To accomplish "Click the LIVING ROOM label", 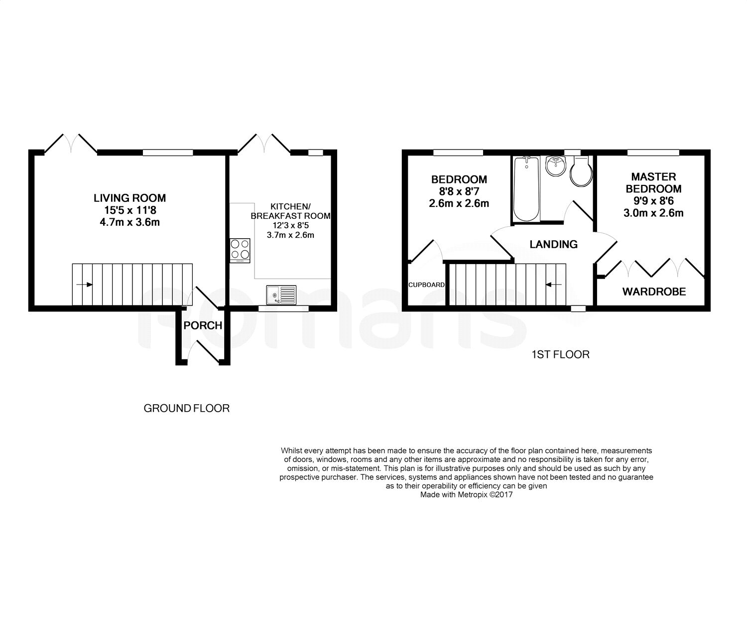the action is (130, 198).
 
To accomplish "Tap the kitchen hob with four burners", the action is (240, 251).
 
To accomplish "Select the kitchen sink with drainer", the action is (281, 295).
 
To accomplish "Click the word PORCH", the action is (203, 325).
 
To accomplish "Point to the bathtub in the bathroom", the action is (526, 189).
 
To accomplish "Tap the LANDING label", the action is (553, 244).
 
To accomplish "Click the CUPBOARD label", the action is (426, 285).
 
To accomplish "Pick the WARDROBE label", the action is (654, 292).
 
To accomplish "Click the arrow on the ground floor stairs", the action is (85, 285).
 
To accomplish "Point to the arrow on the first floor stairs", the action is (553, 285).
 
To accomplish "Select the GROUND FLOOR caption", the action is (186, 409).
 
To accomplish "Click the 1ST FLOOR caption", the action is (561, 354).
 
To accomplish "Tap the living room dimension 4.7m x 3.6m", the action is (130, 222).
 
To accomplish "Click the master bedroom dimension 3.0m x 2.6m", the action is (653, 213).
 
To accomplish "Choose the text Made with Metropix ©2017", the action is (467, 495).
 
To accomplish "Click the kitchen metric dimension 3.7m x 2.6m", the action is (290, 235).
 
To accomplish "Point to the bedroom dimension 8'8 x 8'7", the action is (459, 191).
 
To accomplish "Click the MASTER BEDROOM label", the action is (653, 182).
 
